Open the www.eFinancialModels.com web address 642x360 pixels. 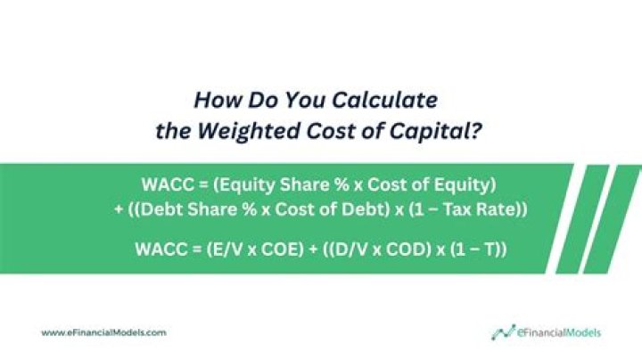103,332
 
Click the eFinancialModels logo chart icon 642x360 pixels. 502,331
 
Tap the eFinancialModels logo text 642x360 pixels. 558,332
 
